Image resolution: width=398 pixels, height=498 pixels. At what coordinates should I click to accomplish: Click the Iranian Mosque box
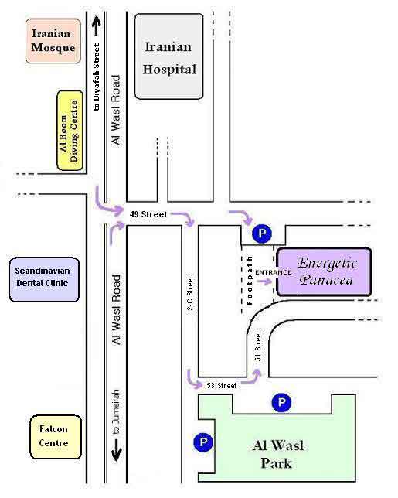click(x=53, y=41)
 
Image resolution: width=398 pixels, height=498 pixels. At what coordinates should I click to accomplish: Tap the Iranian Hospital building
click(x=168, y=56)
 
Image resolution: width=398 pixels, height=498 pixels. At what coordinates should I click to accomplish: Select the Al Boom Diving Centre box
click(x=70, y=131)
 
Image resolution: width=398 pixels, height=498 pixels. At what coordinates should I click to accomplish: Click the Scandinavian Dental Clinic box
click(x=44, y=279)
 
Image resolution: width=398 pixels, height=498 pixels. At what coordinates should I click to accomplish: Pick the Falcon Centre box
click(x=56, y=437)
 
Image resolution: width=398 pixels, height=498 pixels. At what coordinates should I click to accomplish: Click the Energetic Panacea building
click(x=324, y=272)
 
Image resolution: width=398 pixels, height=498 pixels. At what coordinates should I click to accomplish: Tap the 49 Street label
click(x=148, y=214)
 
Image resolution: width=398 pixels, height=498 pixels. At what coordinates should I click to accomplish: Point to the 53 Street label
click(x=222, y=386)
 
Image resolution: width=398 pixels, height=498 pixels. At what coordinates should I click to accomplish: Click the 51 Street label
click(x=257, y=346)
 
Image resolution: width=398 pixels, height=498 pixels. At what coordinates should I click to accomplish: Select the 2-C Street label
click(x=190, y=293)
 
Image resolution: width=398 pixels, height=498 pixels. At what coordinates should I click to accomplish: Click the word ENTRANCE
click(x=274, y=272)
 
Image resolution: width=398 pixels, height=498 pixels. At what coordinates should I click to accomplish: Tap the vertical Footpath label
click(x=250, y=281)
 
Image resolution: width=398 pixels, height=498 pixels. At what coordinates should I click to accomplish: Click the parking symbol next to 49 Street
click(x=262, y=234)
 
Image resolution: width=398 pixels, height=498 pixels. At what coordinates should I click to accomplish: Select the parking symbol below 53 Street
click(x=281, y=403)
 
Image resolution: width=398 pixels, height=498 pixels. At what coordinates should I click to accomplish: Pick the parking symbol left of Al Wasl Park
click(x=203, y=442)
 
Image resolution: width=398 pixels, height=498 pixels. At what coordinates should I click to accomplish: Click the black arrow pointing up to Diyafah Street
click(x=97, y=26)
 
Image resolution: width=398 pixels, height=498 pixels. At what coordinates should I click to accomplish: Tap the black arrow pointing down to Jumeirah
click(x=116, y=450)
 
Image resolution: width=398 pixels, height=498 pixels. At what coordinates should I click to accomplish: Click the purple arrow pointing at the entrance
click(x=264, y=281)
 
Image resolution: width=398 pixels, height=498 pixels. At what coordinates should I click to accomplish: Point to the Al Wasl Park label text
click(x=277, y=454)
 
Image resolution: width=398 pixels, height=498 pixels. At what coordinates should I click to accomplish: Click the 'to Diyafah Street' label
click(x=97, y=77)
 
